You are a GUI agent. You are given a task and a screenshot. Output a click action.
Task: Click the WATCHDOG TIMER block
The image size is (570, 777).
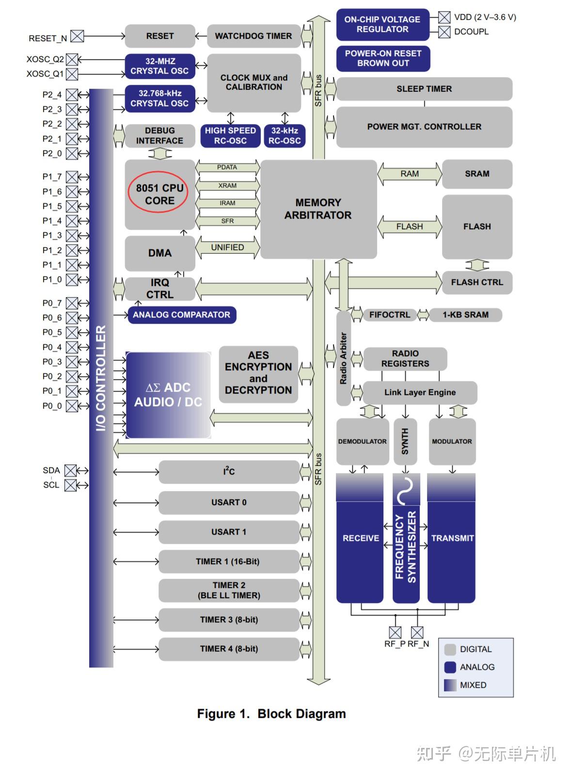pyautogui.click(x=253, y=36)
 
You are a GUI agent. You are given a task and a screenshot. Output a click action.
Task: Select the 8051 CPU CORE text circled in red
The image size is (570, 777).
pyautogui.click(x=159, y=194)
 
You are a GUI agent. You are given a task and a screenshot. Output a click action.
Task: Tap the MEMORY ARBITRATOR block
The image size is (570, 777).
pyautogui.click(x=318, y=209)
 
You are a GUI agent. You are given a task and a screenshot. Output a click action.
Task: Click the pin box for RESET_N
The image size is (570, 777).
pyautogui.click(x=77, y=36)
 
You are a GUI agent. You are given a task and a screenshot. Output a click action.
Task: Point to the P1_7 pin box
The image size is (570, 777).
pyautogui.click(x=72, y=177)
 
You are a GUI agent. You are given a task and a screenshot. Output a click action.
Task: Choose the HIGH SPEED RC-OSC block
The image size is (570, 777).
pyautogui.click(x=230, y=136)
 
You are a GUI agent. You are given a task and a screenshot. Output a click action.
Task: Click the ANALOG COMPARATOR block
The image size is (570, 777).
pyautogui.click(x=181, y=315)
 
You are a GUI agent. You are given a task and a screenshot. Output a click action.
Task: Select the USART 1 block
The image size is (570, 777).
pyautogui.click(x=229, y=532)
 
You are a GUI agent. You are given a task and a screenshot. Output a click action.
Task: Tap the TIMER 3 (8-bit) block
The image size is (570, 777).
pyautogui.click(x=229, y=620)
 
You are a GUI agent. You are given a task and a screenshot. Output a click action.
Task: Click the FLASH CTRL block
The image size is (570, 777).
pyautogui.click(x=477, y=283)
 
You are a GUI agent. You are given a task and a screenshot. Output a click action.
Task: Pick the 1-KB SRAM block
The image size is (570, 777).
pyautogui.click(x=465, y=315)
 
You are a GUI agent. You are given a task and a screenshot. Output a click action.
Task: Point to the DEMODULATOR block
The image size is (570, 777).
pyautogui.click(x=363, y=442)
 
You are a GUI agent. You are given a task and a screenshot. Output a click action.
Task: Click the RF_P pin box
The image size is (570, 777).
pyautogui.click(x=395, y=633)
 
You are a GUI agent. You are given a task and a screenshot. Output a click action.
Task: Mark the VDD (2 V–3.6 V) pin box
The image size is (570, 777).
pyautogui.click(x=444, y=17)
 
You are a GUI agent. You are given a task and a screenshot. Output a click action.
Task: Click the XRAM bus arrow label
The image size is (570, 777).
pyautogui.click(x=227, y=186)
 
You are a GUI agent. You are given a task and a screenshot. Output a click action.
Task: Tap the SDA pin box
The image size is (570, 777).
pyautogui.click(x=71, y=471)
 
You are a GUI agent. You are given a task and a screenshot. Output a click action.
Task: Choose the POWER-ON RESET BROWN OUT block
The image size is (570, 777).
pyautogui.click(x=383, y=58)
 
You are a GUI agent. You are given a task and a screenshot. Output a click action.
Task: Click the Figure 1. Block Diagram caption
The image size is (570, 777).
pyautogui.click(x=271, y=714)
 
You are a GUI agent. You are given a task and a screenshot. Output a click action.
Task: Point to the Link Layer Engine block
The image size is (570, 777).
pyautogui.click(x=420, y=393)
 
